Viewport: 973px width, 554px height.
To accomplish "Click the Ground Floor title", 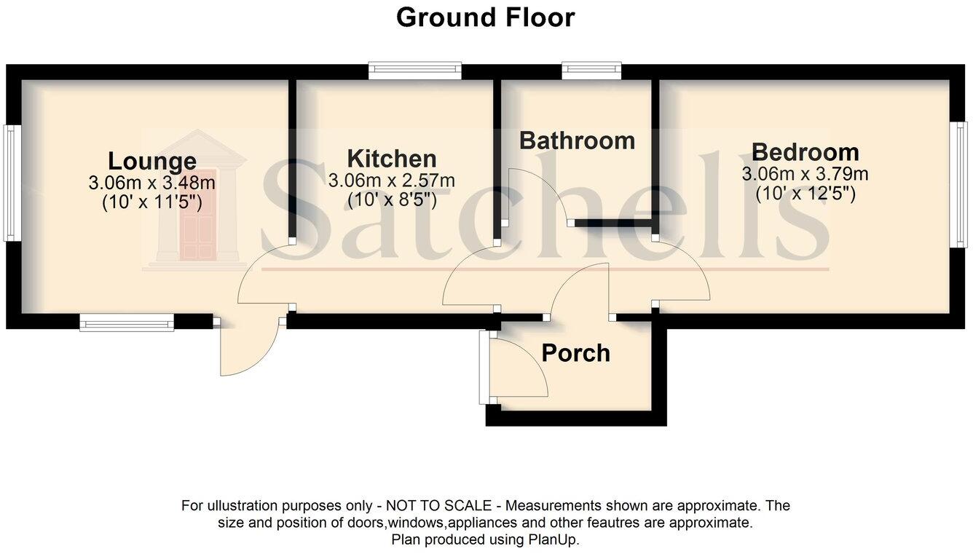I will (x=485, y=17).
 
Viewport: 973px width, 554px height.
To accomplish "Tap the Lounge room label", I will (x=152, y=161).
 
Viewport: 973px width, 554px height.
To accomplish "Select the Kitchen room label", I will (x=392, y=158).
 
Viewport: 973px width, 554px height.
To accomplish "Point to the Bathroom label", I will (x=577, y=140).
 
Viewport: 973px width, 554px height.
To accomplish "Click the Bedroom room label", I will (x=805, y=152).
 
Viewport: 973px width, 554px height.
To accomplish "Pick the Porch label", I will (x=575, y=353).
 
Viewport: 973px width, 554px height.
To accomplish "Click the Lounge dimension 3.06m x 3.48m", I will (x=152, y=182).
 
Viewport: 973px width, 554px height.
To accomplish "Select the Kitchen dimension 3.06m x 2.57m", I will (x=392, y=179).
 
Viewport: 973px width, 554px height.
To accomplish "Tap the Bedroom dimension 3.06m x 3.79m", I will (x=805, y=174).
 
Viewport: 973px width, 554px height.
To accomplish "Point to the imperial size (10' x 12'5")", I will (x=805, y=194).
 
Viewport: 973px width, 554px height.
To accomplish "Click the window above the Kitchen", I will (x=415, y=71).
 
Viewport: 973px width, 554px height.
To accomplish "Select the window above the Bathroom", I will (x=591, y=71).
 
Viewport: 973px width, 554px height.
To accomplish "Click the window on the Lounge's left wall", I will (x=10, y=183).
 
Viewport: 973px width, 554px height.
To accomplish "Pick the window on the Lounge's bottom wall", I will (x=127, y=322).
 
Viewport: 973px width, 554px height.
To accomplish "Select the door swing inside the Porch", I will (x=519, y=368).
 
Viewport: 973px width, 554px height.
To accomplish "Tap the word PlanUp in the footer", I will (x=558, y=539).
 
